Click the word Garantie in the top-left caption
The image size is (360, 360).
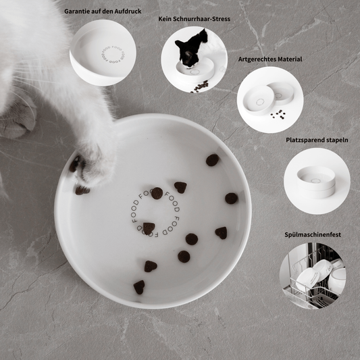(76, 11)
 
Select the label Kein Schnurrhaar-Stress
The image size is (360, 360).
(195, 19)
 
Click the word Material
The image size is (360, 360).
(290, 59)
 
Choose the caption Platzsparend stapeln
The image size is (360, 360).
(317, 140)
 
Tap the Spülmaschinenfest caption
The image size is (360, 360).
(313, 234)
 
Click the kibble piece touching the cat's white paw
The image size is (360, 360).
(82, 190)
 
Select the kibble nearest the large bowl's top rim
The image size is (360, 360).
(212, 160)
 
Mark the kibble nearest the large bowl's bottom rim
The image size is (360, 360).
(139, 286)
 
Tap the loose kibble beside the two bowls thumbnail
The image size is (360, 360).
(277, 114)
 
